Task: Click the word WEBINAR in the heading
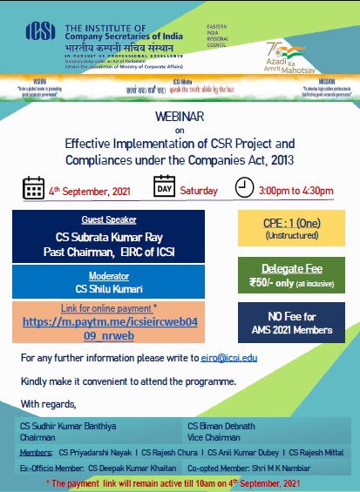tap(180, 115)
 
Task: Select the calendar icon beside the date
tap(33, 189)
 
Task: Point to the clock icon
tap(245, 186)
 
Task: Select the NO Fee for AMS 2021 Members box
tap(292, 324)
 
